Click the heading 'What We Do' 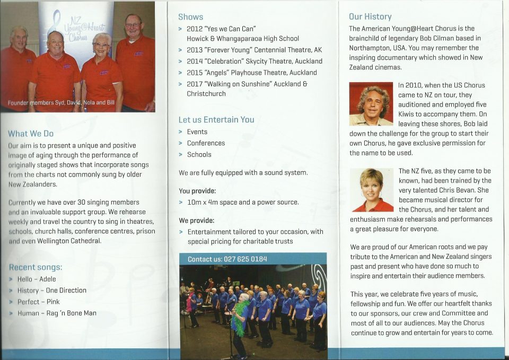31,134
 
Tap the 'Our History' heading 370,16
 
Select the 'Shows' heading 190,17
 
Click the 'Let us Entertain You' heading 216,120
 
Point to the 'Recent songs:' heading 36,267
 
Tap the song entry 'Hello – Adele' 37,279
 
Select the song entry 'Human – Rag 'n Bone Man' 57,313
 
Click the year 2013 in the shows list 195,50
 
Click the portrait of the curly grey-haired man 371,103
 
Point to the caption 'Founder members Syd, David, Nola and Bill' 61,102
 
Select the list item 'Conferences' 206,143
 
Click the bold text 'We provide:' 196,221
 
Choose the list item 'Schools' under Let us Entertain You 199,155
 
